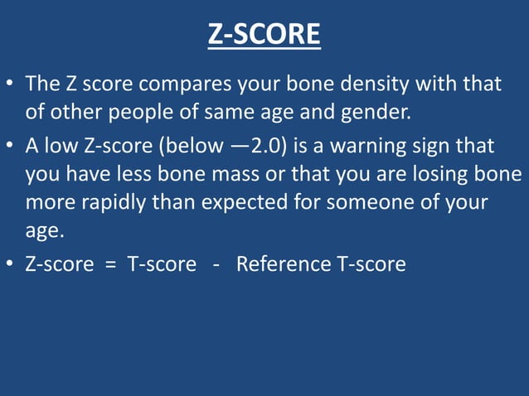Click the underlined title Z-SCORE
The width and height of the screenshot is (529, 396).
(264, 34)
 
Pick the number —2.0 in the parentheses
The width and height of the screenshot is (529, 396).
(250, 147)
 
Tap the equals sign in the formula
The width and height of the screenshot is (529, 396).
(109, 265)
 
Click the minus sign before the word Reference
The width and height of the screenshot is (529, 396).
(215, 265)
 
